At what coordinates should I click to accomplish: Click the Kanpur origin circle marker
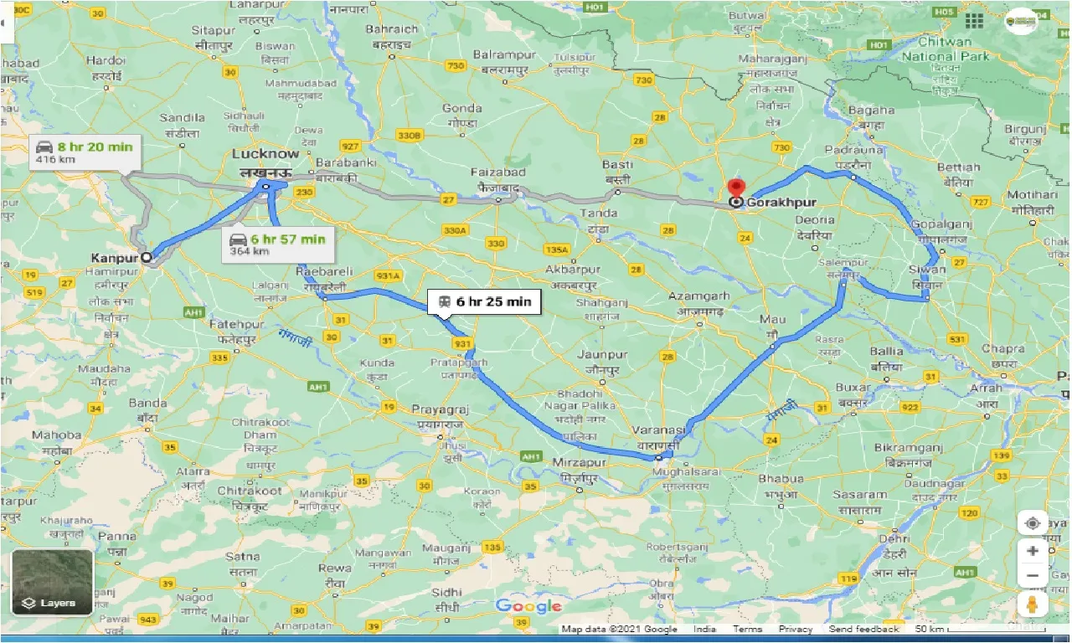pyautogui.click(x=147, y=258)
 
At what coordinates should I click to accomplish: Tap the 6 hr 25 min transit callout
pyautogui.click(x=484, y=302)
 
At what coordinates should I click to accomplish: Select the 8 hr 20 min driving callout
pyautogui.click(x=85, y=152)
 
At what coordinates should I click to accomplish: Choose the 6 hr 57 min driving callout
pyautogui.click(x=277, y=244)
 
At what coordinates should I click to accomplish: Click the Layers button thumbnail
pyautogui.click(x=52, y=583)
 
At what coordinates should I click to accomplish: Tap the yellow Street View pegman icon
pyautogui.click(x=1032, y=605)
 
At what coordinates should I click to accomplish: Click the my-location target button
pyautogui.click(x=1032, y=523)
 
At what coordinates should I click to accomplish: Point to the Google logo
pyautogui.click(x=528, y=606)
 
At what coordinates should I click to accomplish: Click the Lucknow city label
pyautogui.click(x=265, y=154)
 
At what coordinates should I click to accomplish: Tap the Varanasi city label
pyautogui.click(x=661, y=429)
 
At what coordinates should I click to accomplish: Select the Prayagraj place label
pyautogui.click(x=440, y=410)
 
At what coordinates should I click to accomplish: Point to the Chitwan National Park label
pyautogui.click(x=945, y=49)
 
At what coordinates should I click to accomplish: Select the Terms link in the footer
pyautogui.click(x=748, y=629)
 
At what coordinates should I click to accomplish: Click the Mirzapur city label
pyautogui.click(x=579, y=462)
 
